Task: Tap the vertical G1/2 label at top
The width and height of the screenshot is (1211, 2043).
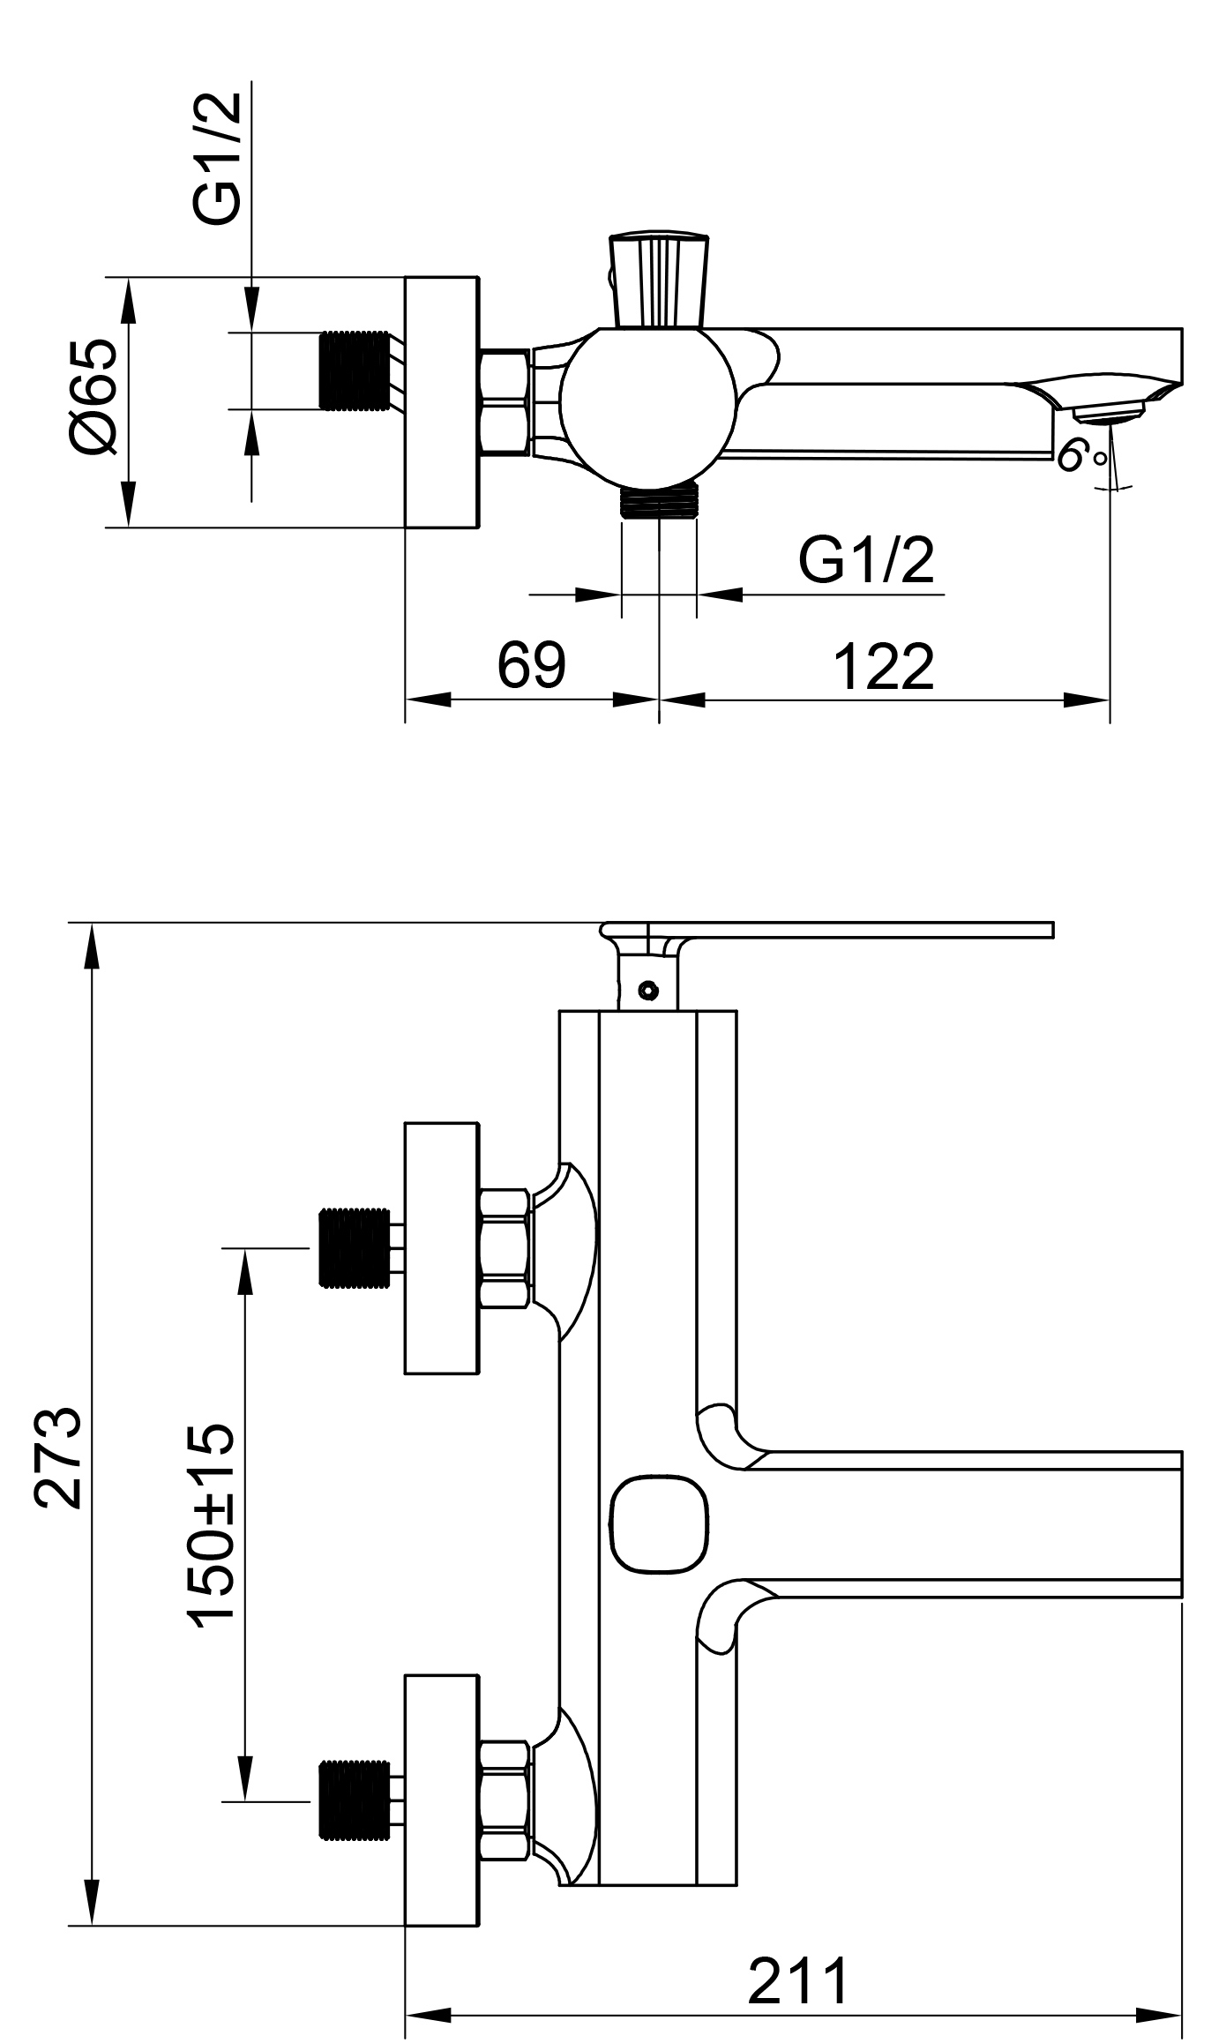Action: coord(216,159)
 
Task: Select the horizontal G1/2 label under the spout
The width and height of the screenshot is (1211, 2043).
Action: coord(865,560)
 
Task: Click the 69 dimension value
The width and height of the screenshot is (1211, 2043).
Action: coord(531,666)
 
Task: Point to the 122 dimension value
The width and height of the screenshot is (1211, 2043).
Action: coord(883,668)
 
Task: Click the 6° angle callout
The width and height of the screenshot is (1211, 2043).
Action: coord(1080,456)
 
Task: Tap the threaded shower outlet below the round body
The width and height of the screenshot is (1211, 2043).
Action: coord(659,502)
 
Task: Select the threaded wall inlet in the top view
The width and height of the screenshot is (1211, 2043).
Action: coord(354,370)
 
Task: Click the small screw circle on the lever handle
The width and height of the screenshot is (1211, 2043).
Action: coord(650,990)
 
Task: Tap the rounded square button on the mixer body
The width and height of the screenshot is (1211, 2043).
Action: coord(659,1525)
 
